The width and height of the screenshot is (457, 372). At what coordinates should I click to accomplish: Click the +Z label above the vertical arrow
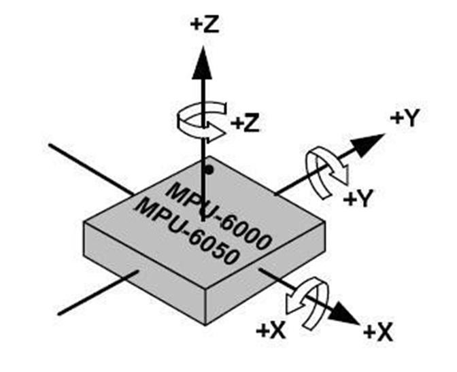(204, 25)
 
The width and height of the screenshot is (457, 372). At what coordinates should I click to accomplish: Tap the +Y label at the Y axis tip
(404, 118)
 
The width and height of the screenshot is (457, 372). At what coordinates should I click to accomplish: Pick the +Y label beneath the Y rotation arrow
(358, 199)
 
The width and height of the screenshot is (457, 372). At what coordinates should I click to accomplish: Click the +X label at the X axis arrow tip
(377, 332)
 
